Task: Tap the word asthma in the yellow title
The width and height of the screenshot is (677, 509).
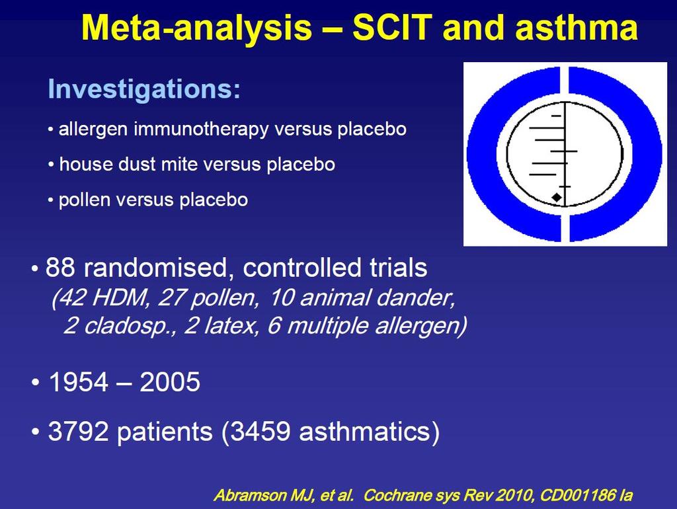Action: point(577,28)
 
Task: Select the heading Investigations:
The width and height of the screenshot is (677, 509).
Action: point(144,89)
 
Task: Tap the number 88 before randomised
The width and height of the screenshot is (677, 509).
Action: point(60,268)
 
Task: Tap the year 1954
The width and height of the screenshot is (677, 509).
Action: point(77,382)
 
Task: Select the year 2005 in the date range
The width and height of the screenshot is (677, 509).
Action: point(170,382)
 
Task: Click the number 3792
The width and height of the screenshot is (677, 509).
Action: point(78,431)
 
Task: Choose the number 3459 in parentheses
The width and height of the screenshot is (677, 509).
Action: point(260,431)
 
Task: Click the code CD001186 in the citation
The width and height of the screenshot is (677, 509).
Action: point(577,494)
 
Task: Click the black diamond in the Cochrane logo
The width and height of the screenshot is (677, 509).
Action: point(557,197)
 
